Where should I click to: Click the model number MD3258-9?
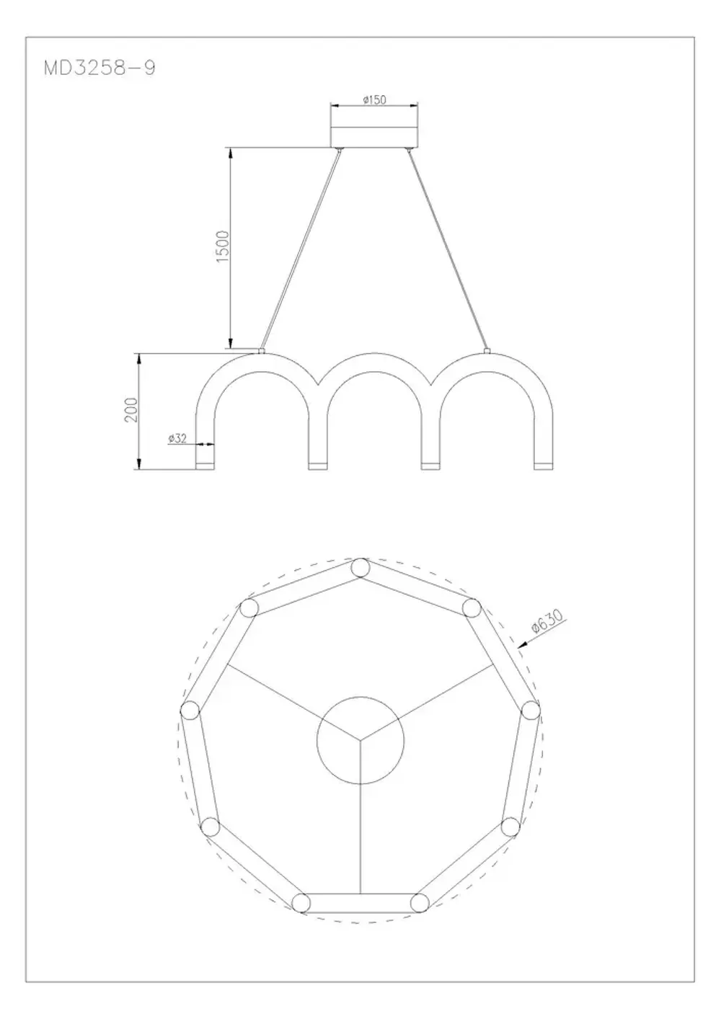tap(99, 68)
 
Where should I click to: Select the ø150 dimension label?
tap(374, 99)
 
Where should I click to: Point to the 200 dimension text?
tap(131, 410)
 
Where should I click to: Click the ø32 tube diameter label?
tap(177, 437)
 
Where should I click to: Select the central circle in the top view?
tap(360, 740)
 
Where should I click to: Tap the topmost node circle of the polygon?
tap(360, 568)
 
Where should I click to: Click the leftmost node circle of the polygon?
tap(190, 711)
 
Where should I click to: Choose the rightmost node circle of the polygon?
tap(531, 710)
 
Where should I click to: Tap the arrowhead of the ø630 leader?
tap(521, 647)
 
